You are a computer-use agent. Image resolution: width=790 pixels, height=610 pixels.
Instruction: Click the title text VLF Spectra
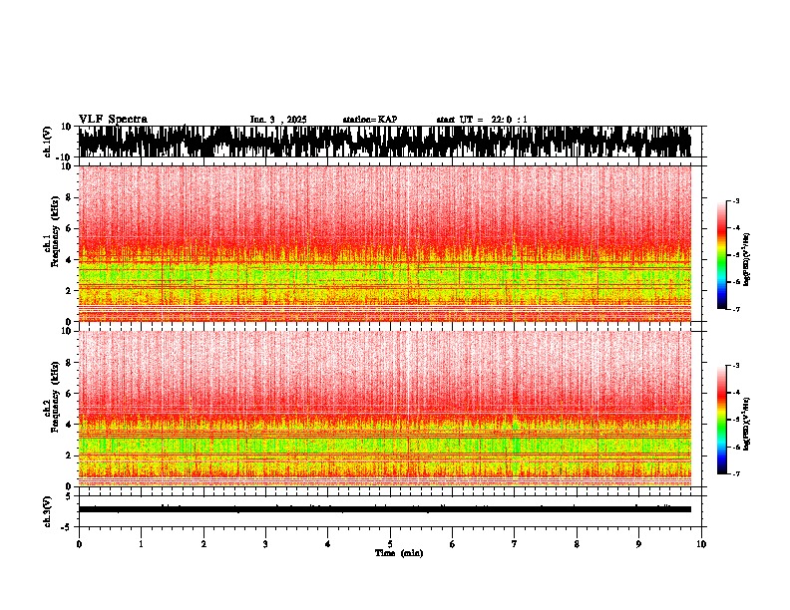[113, 120]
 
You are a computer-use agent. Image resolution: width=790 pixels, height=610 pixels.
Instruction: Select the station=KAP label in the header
[369, 120]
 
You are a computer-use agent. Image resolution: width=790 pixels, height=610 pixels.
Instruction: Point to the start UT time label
[482, 120]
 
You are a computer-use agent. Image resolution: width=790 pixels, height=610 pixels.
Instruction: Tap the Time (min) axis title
[398, 553]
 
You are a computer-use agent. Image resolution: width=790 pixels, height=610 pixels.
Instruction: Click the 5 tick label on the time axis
[390, 544]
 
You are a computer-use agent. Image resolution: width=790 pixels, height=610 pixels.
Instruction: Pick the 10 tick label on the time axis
[701, 544]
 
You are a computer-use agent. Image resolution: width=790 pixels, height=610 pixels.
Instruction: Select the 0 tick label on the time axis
[79, 544]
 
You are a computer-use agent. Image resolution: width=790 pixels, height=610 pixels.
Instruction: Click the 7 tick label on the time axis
[515, 544]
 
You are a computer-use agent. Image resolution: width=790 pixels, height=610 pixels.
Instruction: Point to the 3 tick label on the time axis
[265, 544]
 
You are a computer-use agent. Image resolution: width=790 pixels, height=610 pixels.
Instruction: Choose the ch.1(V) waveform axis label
[48, 142]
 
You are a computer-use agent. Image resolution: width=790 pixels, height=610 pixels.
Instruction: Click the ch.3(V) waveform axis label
[48, 509]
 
